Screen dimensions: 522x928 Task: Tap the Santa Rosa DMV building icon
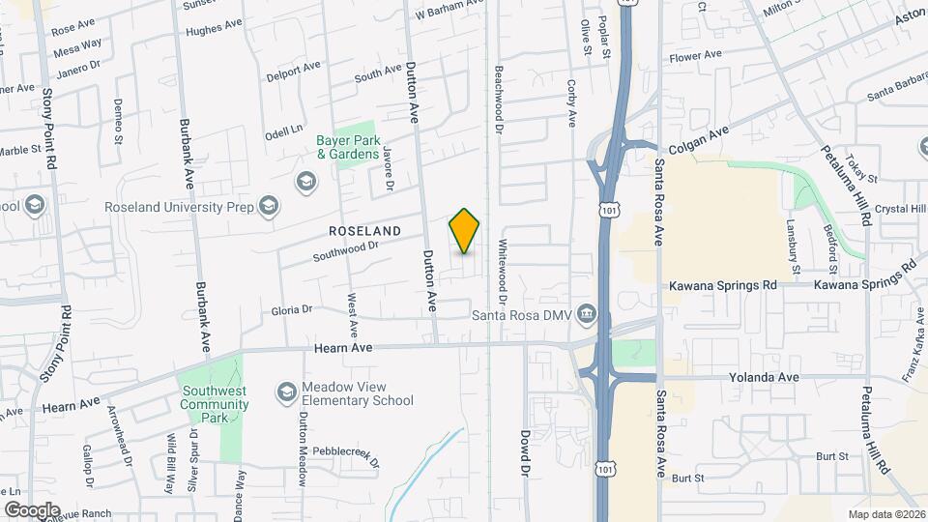586,314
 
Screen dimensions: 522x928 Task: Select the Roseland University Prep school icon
269,205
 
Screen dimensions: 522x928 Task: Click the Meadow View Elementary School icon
286,391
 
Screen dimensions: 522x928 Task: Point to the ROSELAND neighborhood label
364,232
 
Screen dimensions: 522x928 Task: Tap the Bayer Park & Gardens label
347,147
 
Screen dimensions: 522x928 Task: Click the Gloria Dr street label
292,310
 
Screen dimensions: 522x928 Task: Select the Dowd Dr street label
527,452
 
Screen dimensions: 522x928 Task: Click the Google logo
32,509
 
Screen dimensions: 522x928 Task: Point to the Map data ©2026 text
886,513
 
